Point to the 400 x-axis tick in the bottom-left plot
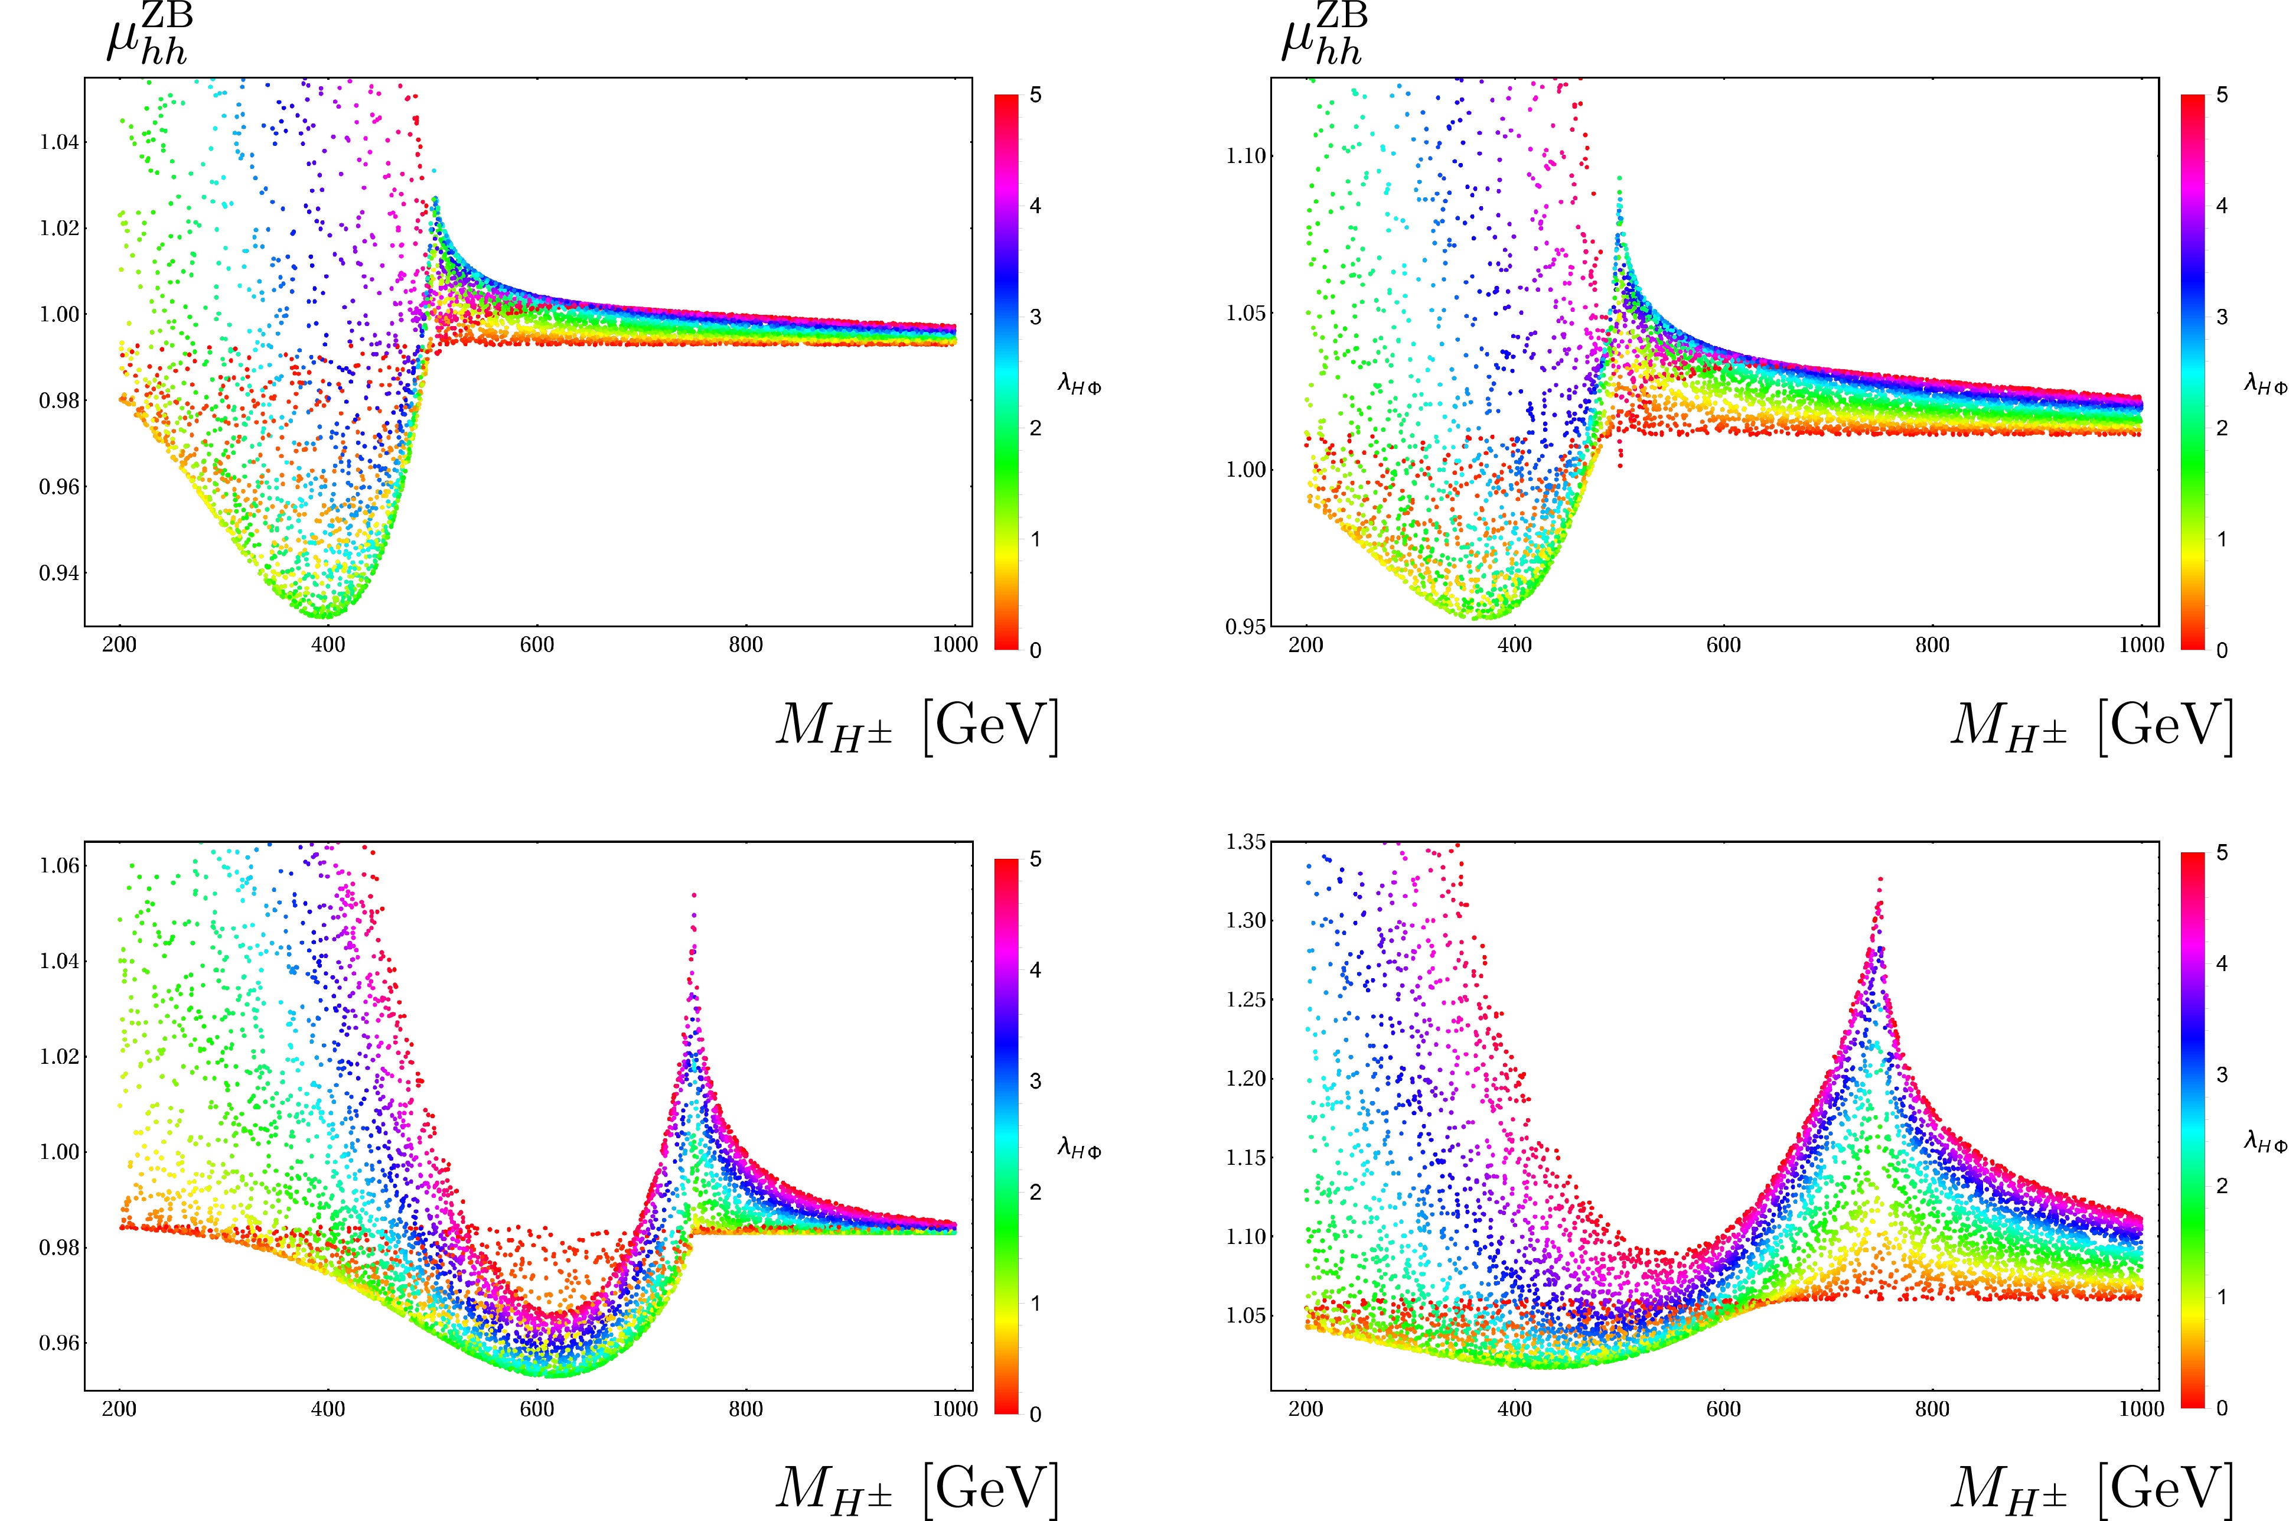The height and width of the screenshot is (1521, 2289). pos(328,1409)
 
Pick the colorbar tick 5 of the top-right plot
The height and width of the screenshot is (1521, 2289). pos(2222,96)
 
